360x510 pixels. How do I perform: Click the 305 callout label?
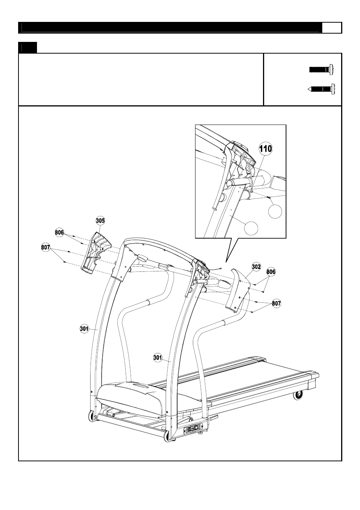point(100,221)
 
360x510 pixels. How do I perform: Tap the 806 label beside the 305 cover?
point(59,233)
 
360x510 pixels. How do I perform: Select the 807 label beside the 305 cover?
point(46,248)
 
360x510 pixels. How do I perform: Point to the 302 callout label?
point(256,267)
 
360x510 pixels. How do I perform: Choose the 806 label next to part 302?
point(271,271)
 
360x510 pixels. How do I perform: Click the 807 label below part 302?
point(277,303)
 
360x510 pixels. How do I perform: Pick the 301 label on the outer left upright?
point(84,329)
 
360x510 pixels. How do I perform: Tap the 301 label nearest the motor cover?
point(158,357)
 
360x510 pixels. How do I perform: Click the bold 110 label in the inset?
point(265,149)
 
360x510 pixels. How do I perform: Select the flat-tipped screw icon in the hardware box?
point(321,69)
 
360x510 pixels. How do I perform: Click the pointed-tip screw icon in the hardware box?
point(321,89)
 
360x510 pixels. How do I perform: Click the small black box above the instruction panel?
point(28,48)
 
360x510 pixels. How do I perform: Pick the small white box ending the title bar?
point(332,28)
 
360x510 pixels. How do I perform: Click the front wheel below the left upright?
point(92,416)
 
